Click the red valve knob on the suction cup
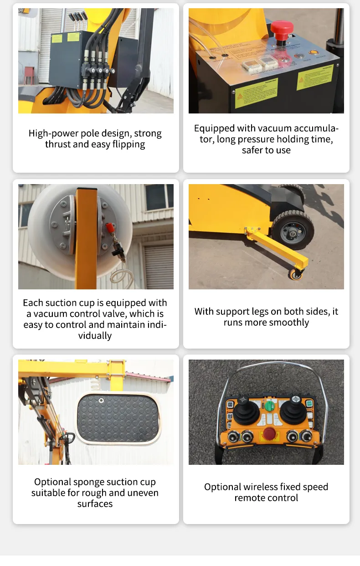(110, 227)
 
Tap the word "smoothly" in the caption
(289, 323)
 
